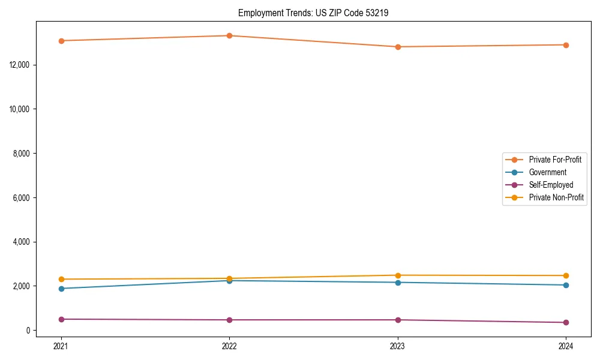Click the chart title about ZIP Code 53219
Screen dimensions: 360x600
[313, 13]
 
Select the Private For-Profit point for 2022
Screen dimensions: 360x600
[229, 35]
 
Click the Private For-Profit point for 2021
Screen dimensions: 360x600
[61, 41]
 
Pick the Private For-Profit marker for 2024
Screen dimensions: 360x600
[566, 45]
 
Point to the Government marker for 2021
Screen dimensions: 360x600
[61, 289]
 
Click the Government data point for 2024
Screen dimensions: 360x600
[566, 285]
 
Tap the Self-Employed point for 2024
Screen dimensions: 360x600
[566, 323]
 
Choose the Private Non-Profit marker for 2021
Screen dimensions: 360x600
[61, 279]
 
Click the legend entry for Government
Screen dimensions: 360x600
[547, 172]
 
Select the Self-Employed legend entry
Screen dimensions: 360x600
[551, 185]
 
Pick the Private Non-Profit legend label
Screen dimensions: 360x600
[556, 197]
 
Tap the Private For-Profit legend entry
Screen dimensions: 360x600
[555, 160]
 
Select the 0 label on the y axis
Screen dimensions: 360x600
[28, 331]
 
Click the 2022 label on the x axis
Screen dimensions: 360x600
[229, 346]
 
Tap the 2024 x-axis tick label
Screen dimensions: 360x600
[566, 346]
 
